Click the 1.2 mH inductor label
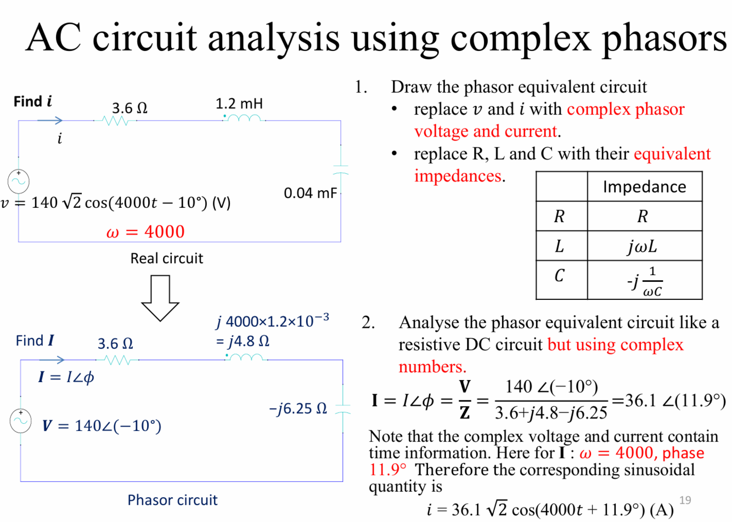(239, 104)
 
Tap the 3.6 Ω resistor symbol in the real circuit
(115, 121)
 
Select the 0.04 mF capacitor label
(310, 193)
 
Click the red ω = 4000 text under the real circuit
(145, 232)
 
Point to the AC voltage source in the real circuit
(19, 181)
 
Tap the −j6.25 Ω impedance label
(298, 408)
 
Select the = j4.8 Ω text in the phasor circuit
(242, 342)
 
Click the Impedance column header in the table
(644, 187)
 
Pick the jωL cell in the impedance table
(643, 246)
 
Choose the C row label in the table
(560, 275)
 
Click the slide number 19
(685, 500)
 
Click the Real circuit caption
(166, 258)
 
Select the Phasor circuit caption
(172, 500)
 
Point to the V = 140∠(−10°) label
(102, 426)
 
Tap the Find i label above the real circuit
(33, 101)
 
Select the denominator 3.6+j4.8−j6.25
(551, 412)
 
